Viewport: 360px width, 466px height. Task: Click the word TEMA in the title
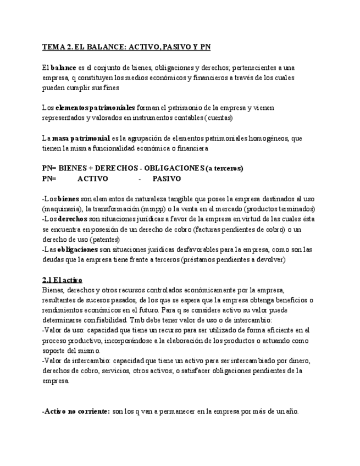pyautogui.click(x=53, y=47)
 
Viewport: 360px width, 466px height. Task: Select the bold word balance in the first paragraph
pyautogui.click(x=63, y=68)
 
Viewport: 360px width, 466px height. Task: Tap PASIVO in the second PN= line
pyautogui.click(x=167, y=179)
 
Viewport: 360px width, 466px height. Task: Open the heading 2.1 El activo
pyautogui.click(x=62, y=280)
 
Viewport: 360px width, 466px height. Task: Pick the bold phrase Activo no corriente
pyautogui.click(x=76, y=411)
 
